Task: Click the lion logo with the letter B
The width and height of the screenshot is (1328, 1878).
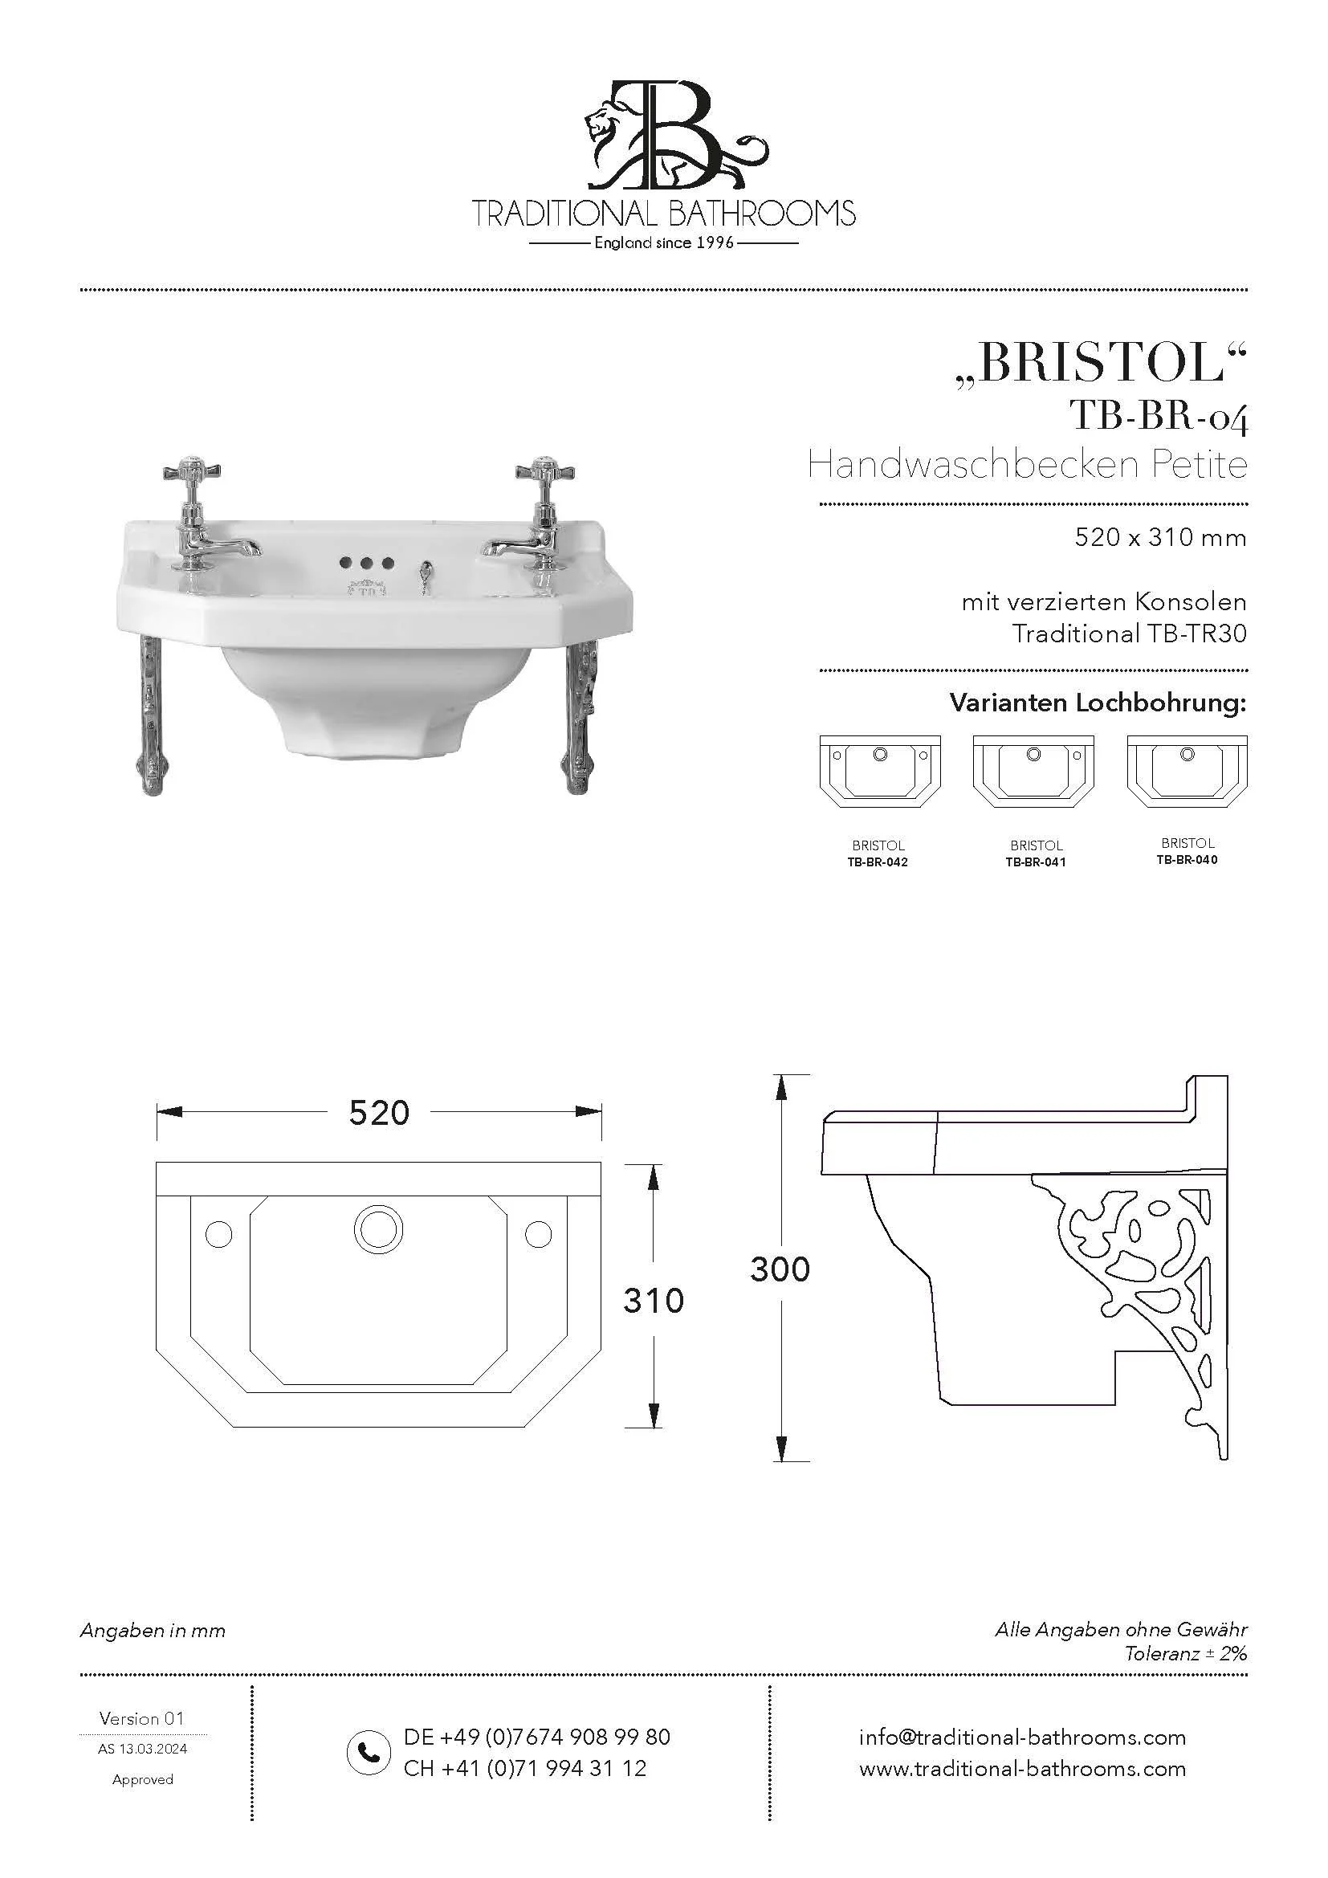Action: tap(664, 135)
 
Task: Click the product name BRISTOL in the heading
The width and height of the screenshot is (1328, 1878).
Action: tap(1102, 364)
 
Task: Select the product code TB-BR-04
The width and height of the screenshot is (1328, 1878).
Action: tap(1159, 417)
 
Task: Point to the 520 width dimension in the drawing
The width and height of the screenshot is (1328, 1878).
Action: tap(379, 1112)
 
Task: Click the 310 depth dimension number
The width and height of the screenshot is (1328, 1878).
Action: tap(653, 1301)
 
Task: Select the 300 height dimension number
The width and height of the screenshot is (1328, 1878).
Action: tap(780, 1269)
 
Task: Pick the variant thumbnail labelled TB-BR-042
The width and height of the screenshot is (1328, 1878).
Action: tap(880, 772)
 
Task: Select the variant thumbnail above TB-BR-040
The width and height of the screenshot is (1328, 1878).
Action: tap(1187, 772)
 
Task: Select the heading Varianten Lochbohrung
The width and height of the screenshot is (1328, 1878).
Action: tap(1098, 703)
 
